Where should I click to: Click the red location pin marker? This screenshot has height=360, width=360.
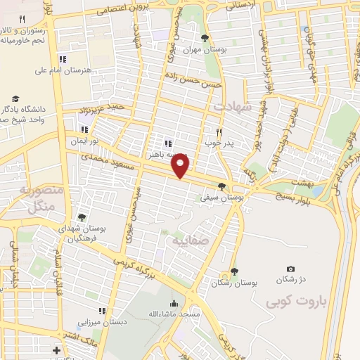(181, 165)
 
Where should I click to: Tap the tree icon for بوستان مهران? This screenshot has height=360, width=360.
(205, 38)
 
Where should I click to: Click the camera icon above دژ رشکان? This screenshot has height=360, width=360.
(291, 269)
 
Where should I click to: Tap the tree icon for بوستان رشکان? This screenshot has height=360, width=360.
(234, 271)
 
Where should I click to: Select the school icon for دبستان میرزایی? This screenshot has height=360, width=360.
(102, 310)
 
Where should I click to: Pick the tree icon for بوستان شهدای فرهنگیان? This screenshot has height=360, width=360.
(82, 217)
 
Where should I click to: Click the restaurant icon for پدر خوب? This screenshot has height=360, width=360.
(219, 131)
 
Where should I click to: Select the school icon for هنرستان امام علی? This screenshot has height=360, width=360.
(63, 59)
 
